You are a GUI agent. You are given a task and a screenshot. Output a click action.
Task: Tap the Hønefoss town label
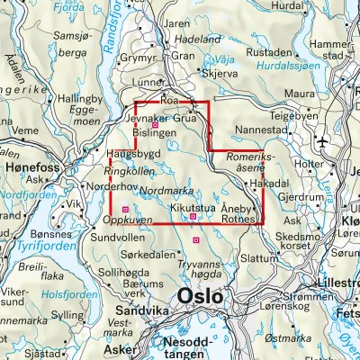[28, 167]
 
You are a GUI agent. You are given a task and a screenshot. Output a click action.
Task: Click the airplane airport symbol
[324, 143]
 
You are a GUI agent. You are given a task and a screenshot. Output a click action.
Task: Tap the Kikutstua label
[193, 206]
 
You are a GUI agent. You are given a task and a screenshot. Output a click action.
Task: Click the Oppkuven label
[125, 219]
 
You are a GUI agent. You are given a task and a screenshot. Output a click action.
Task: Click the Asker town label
[117, 347]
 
